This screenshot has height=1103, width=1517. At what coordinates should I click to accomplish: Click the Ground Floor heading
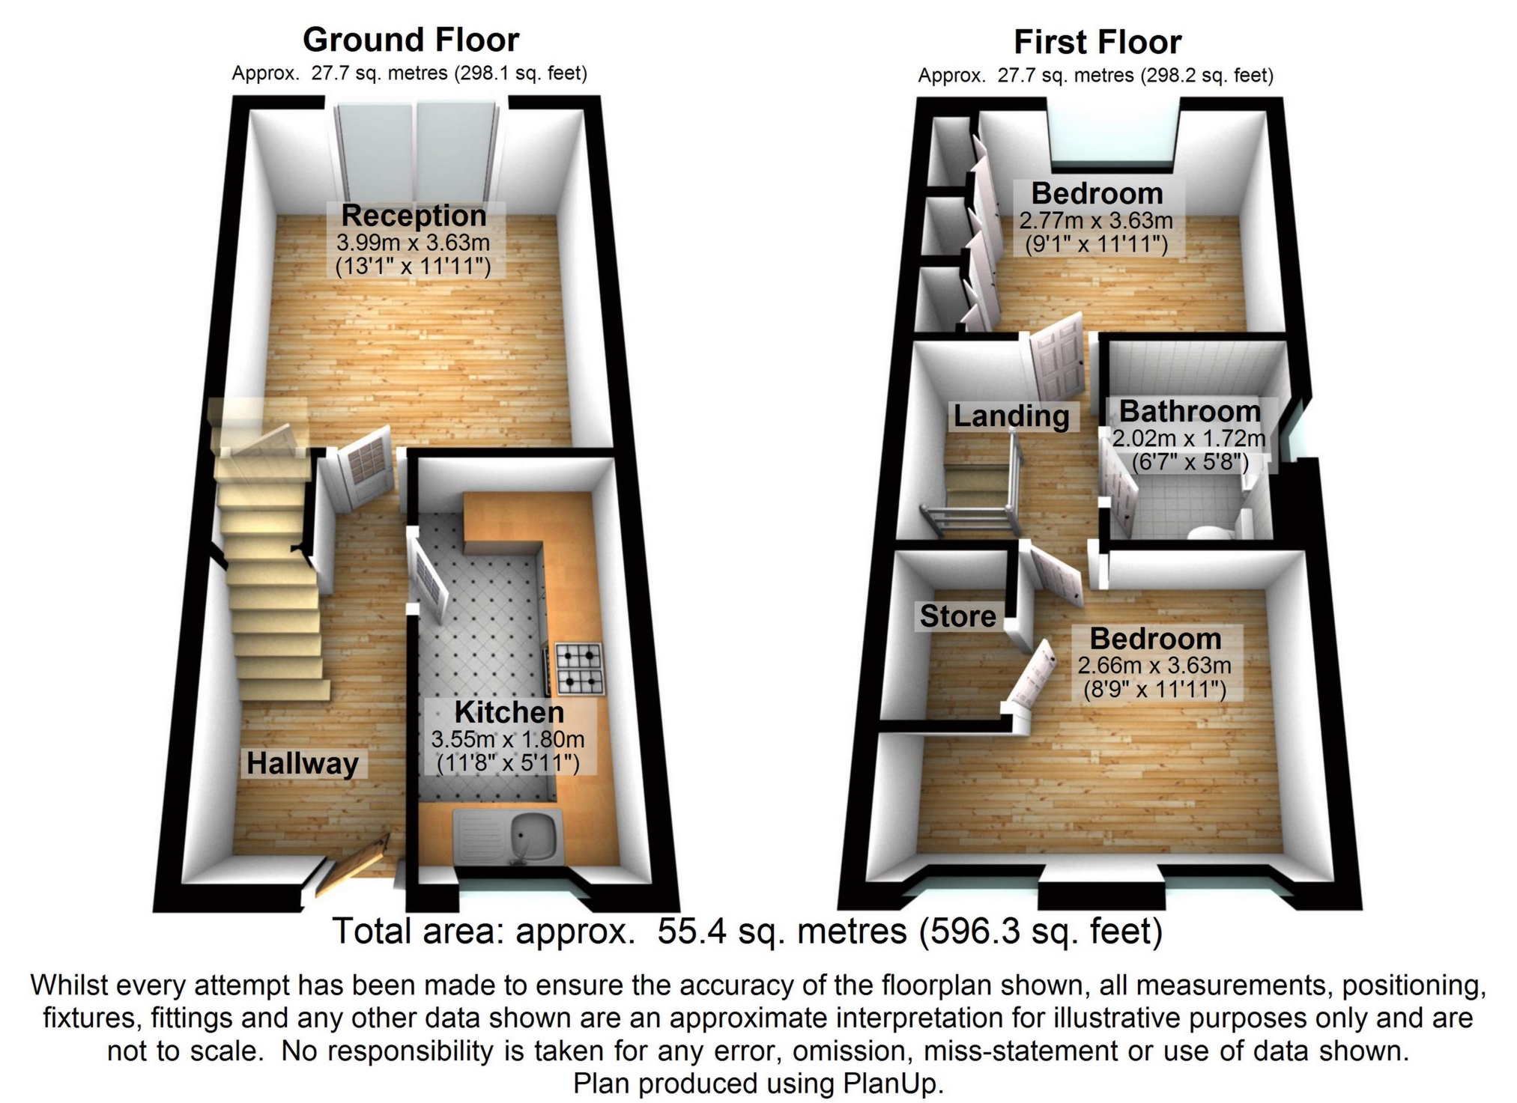(411, 40)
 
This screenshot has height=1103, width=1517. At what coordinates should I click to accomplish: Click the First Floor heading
(1097, 42)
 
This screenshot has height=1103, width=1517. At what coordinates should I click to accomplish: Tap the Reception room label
(414, 216)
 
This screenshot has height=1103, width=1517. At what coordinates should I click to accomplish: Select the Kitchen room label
(509, 712)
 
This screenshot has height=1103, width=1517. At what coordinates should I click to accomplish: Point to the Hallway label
(303, 764)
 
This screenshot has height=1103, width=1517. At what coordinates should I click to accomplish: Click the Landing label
(1011, 416)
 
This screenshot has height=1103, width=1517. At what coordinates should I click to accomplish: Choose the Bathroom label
(1190, 411)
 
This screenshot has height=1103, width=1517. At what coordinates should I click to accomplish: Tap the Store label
(958, 616)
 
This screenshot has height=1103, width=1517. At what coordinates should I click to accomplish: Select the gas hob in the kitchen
(579, 669)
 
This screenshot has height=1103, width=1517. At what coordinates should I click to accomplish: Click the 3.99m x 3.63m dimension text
(413, 243)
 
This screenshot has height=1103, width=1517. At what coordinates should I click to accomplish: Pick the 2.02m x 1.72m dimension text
(1189, 438)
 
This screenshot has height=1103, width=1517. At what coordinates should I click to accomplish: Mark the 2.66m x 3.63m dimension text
(1154, 665)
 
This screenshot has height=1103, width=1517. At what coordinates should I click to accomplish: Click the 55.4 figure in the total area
(688, 932)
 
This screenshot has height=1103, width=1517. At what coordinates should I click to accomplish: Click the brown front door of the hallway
(352, 866)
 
